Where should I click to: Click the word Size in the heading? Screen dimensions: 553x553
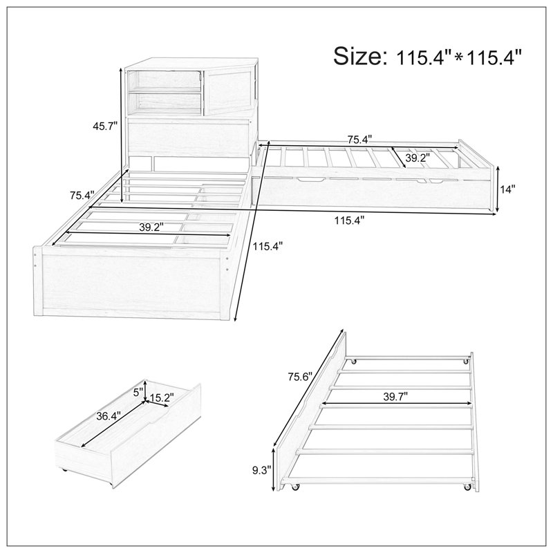click(358, 56)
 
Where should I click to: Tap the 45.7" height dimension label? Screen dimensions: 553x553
click(105, 126)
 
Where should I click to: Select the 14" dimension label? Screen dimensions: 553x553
click(508, 189)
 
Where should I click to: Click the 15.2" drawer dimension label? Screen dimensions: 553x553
click(162, 398)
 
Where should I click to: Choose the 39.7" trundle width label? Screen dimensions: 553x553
click(395, 397)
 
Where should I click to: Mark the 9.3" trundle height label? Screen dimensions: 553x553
click(261, 470)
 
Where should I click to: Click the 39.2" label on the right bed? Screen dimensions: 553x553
click(418, 158)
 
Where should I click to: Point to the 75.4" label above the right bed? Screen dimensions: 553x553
click(360, 140)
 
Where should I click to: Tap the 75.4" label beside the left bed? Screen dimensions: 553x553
click(82, 195)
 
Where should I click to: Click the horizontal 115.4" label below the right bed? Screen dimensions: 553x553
click(349, 221)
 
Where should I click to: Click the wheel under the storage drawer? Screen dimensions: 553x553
click(65, 470)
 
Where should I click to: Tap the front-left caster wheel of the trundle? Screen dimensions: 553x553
click(295, 487)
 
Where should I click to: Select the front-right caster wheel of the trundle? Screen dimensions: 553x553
click(467, 487)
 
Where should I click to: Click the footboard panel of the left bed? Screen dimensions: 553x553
click(132, 282)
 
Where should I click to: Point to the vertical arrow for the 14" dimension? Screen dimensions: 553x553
click(497, 189)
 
